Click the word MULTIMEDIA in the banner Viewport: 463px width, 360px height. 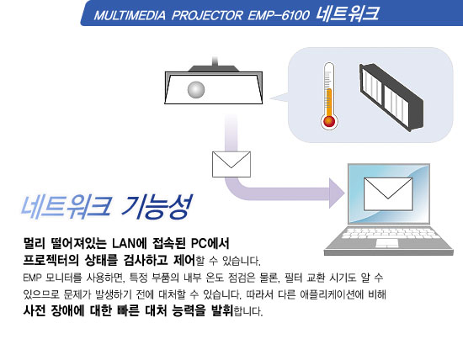click(130, 15)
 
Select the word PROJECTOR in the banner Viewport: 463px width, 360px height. click(207, 15)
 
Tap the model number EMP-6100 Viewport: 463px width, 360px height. click(279, 15)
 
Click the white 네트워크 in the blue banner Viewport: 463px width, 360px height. click(347, 13)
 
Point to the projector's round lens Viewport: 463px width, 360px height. click(196, 89)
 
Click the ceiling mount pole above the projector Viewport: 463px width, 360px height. click(215, 61)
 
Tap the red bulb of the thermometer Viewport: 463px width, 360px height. click(329, 122)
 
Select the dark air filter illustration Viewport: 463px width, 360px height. click(391, 97)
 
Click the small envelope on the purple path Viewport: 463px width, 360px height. click(231, 164)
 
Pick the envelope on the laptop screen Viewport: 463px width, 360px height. click(388, 193)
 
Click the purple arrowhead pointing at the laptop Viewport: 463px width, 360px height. click(337, 193)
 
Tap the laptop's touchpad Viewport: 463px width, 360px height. click(387, 243)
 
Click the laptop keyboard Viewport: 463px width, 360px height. click(388, 233)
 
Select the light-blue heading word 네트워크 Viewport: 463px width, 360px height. click(67, 206)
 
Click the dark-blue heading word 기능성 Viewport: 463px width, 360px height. click(157, 206)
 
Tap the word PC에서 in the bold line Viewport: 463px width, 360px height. click(210, 243)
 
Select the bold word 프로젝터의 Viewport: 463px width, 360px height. click(51, 260)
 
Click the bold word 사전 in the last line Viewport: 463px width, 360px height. click(35, 310)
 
